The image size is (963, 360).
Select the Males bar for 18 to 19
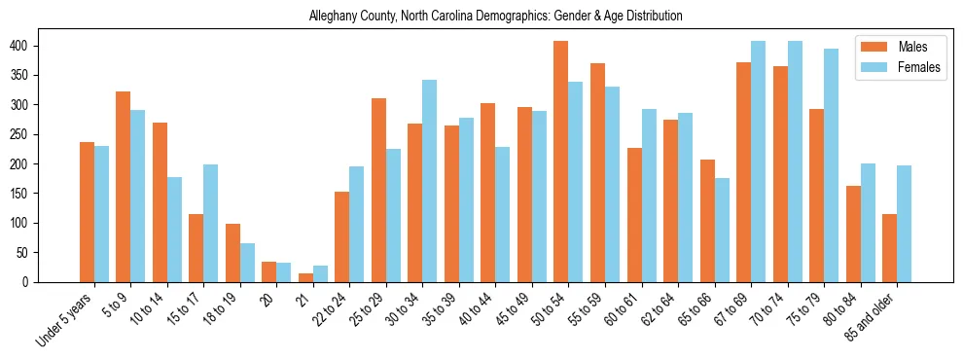pos(232,253)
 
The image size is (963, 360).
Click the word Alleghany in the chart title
pos(332,17)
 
